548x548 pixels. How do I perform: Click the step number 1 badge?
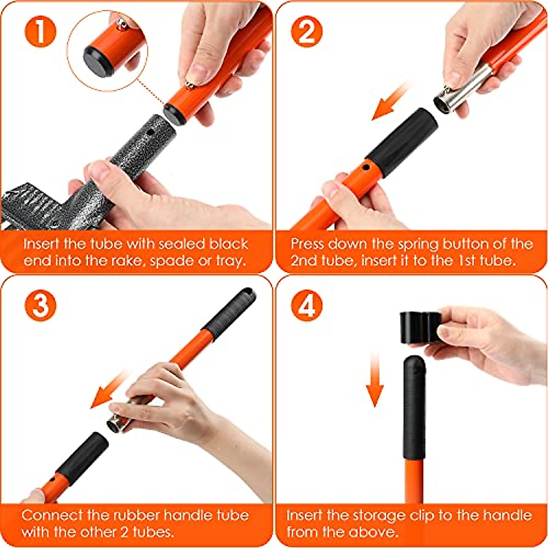pos(40,32)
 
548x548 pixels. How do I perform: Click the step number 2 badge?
pos(306,32)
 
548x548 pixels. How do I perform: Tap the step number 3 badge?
pos(40,306)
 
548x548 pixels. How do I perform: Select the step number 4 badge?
pos(306,306)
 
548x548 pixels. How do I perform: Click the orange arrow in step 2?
pos(391,101)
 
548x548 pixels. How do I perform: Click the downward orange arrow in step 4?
pos(375,379)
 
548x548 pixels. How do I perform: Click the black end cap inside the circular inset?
pos(97,61)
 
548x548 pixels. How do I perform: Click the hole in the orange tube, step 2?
pos(366,168)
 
